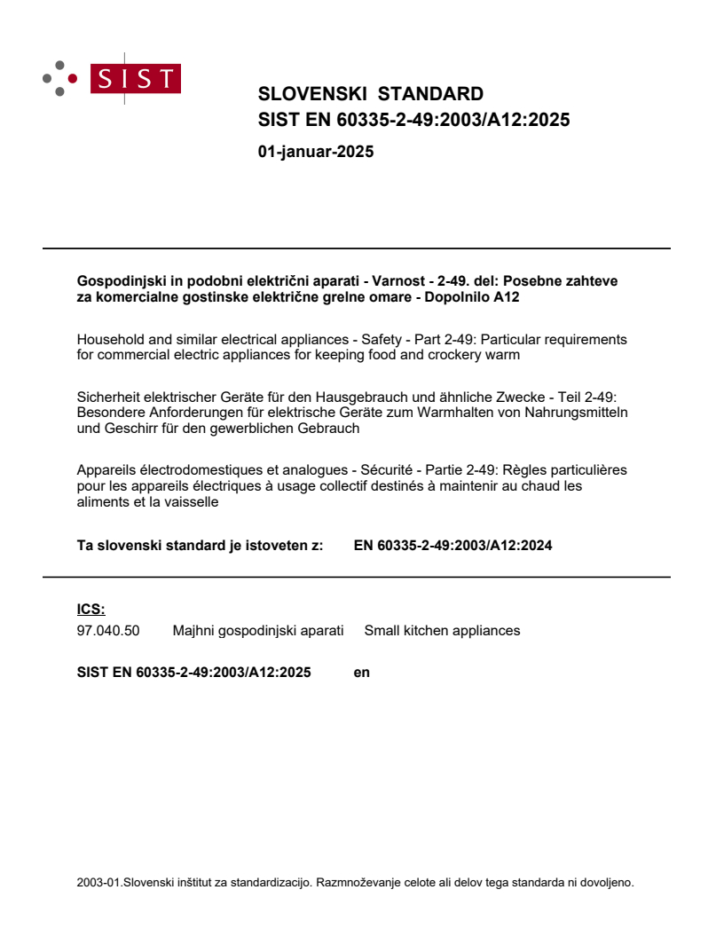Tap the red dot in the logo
pyautogui.click(x=73, y=79)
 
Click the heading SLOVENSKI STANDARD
pyautogui.click(x=370, y=94)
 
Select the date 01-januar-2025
pyautogui.click(x=315, y=152)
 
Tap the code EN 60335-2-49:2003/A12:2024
pyautogui.click(x=452, y=546)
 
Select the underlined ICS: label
pyautogui.click(x=90, y=609)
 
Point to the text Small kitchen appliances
pyautogui.click(x=442, y=631)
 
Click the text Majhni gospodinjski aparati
pyautogui.click(x=257, y=631)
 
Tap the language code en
pyautogui.click(x=361, y=673)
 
